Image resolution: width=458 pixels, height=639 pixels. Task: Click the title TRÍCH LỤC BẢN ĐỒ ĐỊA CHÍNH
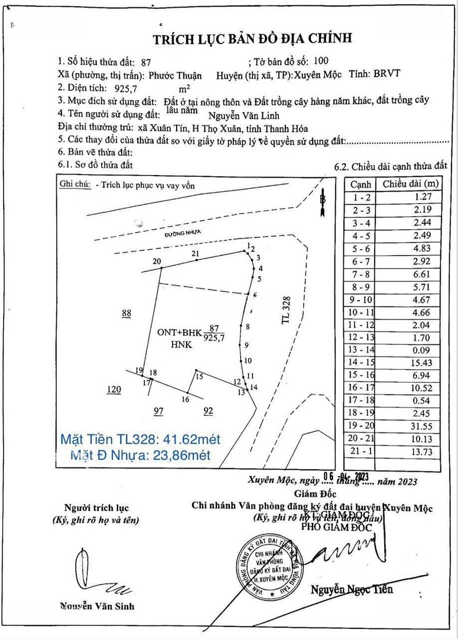pyautogui.click(x=252, y=39)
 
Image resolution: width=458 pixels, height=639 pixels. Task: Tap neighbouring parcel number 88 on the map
pyautogui.click(x=126, y=314)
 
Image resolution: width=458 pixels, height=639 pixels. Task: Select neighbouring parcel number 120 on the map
pyautogui.click(x=113, y=389)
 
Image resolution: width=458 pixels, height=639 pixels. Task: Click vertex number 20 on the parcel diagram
pyautogui.click(x=157, y=262)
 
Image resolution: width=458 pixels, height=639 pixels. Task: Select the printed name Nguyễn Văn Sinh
pyautogui.click(x=96, y=605)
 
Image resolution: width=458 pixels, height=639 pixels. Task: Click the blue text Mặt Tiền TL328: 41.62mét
pyautogui.click(x=141, y=440)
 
